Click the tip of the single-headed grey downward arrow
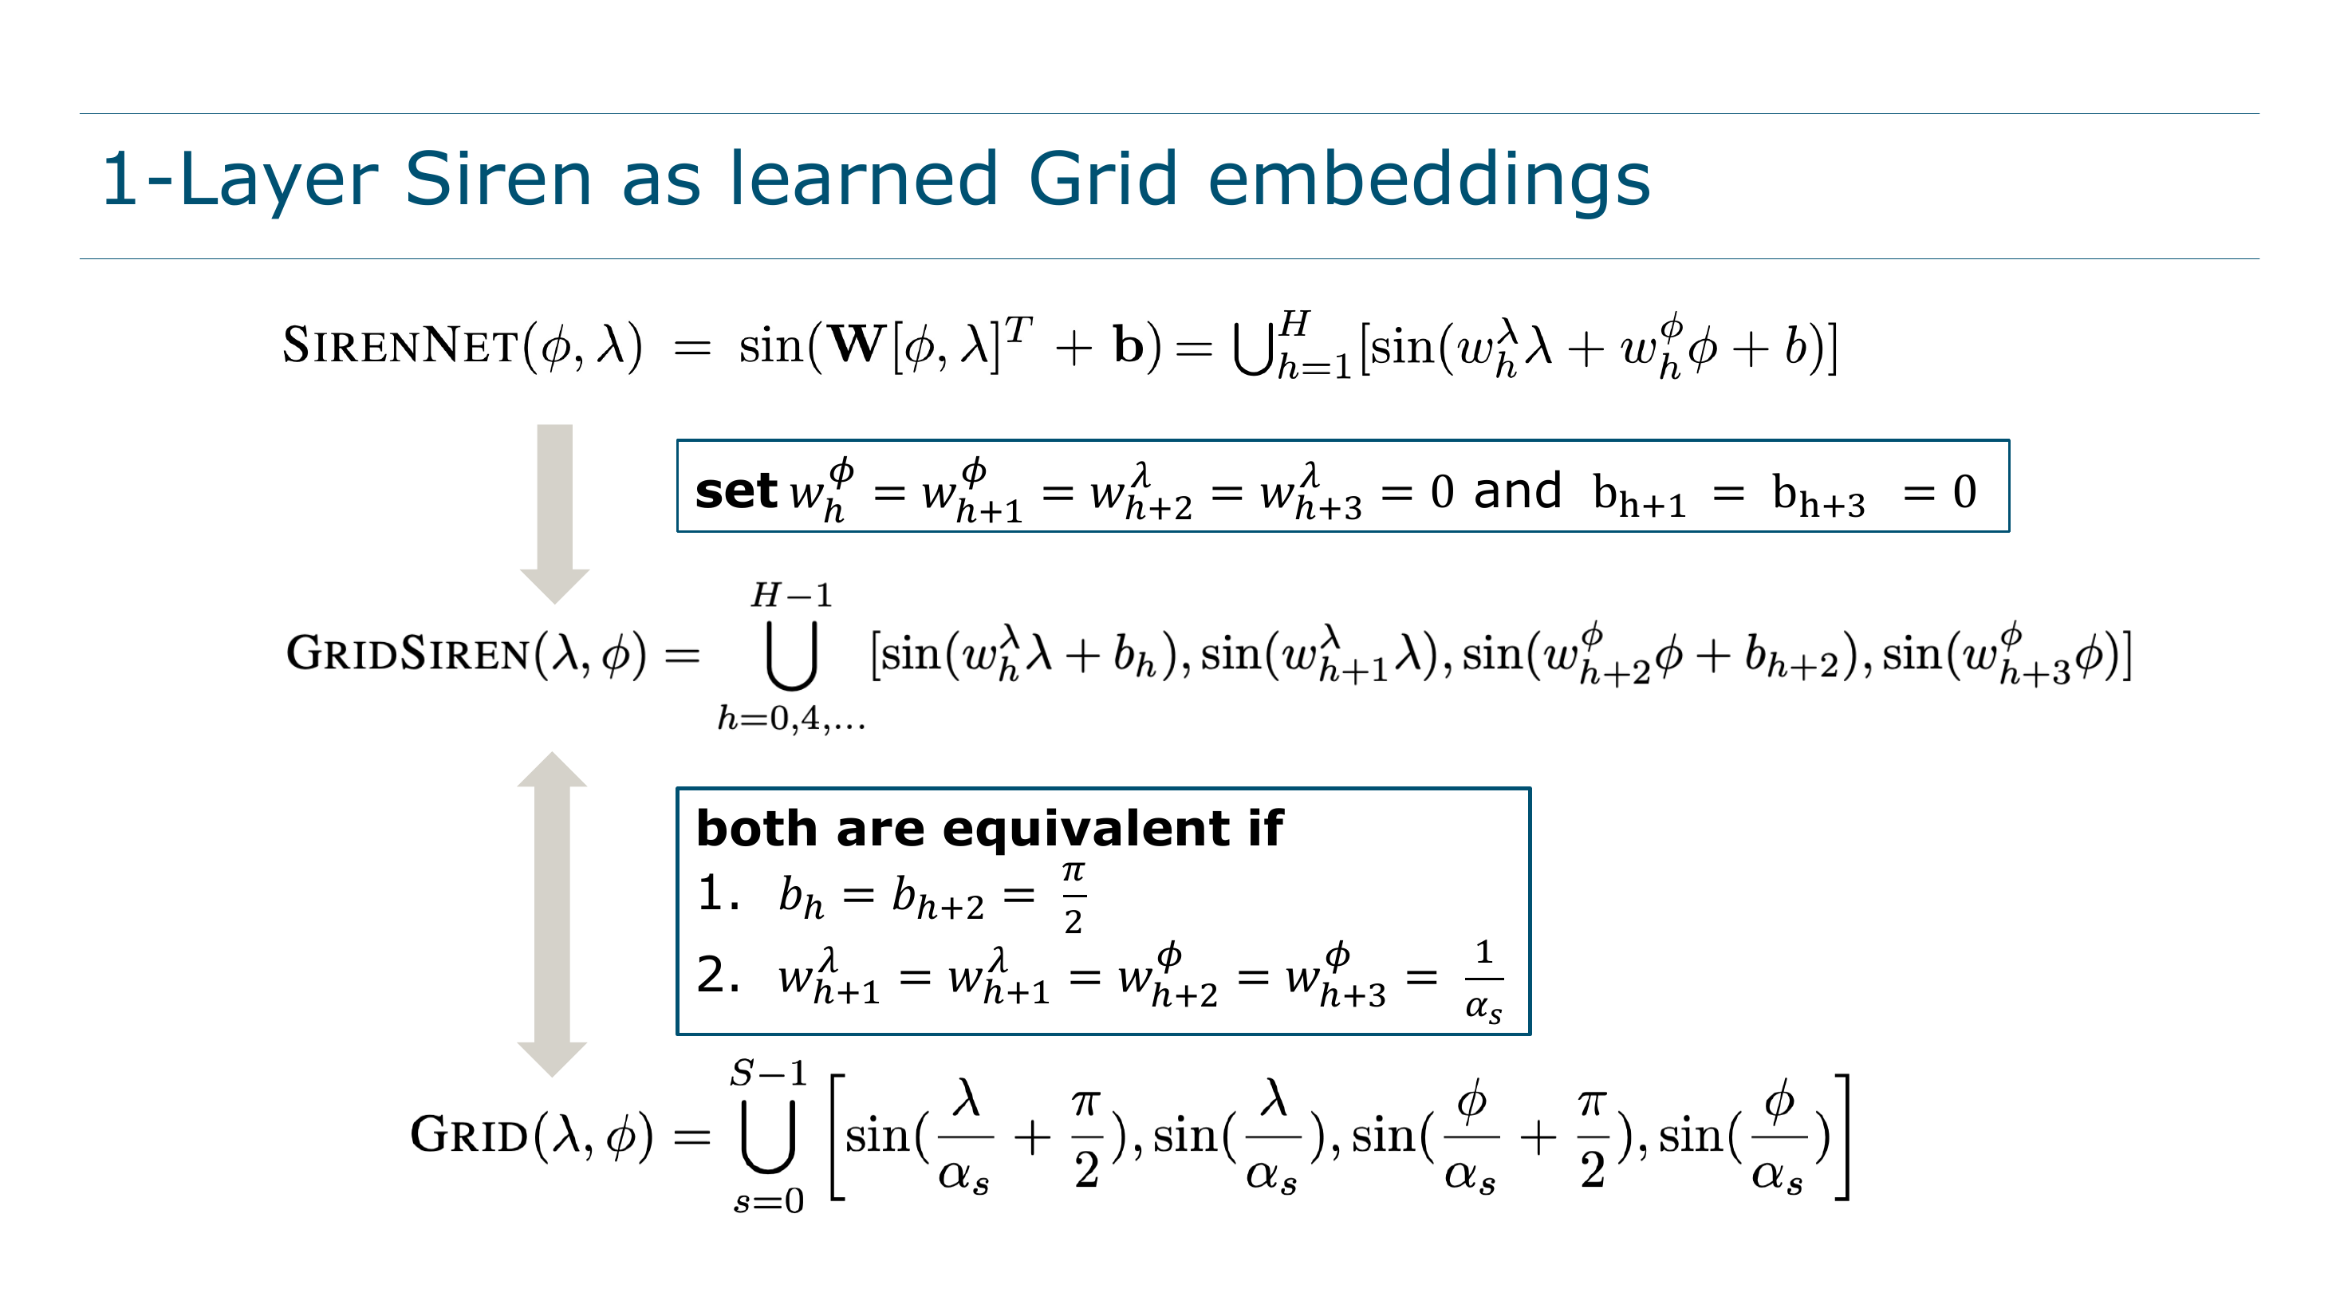(554, 604)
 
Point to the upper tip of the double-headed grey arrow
(551, 752)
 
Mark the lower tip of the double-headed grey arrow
(551, 1078)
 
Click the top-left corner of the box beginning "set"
(678, 440)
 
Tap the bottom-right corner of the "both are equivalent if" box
(1530, 1034)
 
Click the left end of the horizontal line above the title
(80, 113)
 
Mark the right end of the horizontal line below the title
(2260, 259)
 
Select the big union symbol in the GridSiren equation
(791, 655)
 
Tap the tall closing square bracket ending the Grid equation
(1842, 1137)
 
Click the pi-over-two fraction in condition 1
(1073, 897)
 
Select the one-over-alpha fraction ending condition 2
(1484, 981)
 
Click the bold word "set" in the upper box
(736, 491)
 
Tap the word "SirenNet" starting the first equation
(400, 345)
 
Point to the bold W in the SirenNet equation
(857, 345)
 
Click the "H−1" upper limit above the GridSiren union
(791, 595)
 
